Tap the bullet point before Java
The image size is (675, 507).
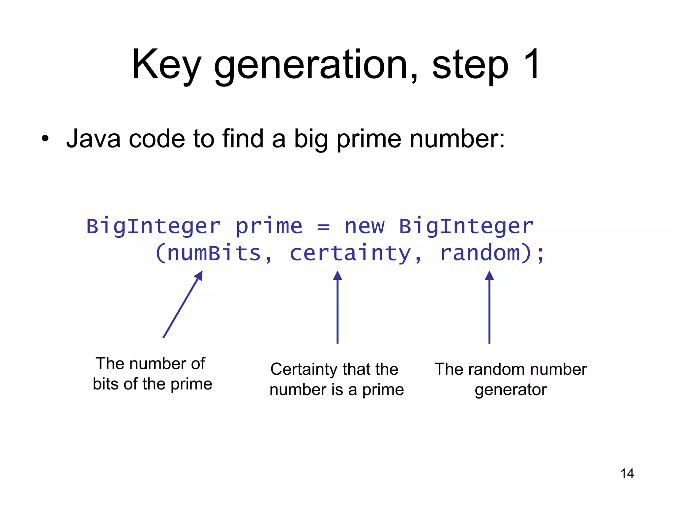[x=45, y=139]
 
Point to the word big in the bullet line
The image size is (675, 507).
[x=311, y=140]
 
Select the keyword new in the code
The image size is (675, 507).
[x=364, y=226]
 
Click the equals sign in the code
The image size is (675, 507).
[x=323, y=227]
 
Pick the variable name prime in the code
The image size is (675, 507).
[x=269, y=227]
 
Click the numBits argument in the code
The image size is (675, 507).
[x=214, y=253]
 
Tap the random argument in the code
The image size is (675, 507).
[x=480, y=253]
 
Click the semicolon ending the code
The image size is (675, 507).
[x=541, y=255]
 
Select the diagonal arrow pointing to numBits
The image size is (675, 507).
[x=183, y=304]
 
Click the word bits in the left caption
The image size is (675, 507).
[x=106, y=384]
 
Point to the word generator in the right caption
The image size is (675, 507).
[x=511, y=390]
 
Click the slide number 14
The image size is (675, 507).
[x=627, y=474]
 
